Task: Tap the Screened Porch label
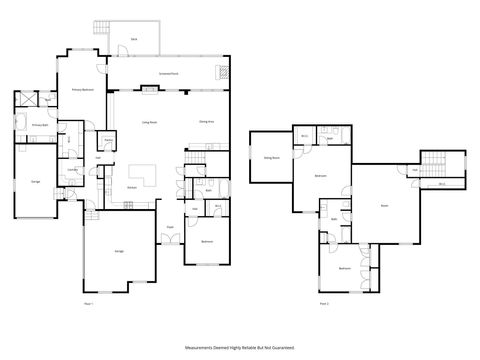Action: [x=169, y=74]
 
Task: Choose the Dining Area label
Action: [x=207, y=121]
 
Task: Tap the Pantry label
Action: [x=107, y=168]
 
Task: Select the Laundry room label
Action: [x=73, y=170]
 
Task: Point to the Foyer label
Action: [x=170, y=227]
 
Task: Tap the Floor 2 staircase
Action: [x=433, y=164]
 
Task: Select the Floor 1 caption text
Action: [x=88, y=301]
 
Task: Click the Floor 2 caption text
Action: [x=323, y=301]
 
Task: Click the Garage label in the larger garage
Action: [x=119, y=251]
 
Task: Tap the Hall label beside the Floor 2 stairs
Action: [x=414, y=171]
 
